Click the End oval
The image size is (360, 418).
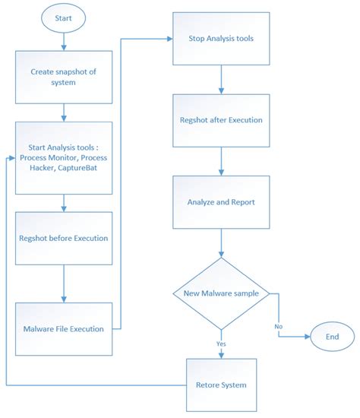click(x=331, y=335)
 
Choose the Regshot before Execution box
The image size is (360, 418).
click(x=64, y=237)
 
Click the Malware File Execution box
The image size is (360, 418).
click(x=64, y=328)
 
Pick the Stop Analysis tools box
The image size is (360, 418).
click(x=221, y=38)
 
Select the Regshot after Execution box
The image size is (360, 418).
click(x=221, y=119)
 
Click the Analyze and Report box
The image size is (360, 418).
click(x=221, y=202)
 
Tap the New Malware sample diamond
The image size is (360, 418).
click(x=221, y=293)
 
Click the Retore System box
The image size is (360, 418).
click(x=221, y=384)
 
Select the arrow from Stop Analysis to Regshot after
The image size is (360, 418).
click(x=221, y=78)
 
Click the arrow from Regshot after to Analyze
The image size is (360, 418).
click(x=221, y=161)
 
